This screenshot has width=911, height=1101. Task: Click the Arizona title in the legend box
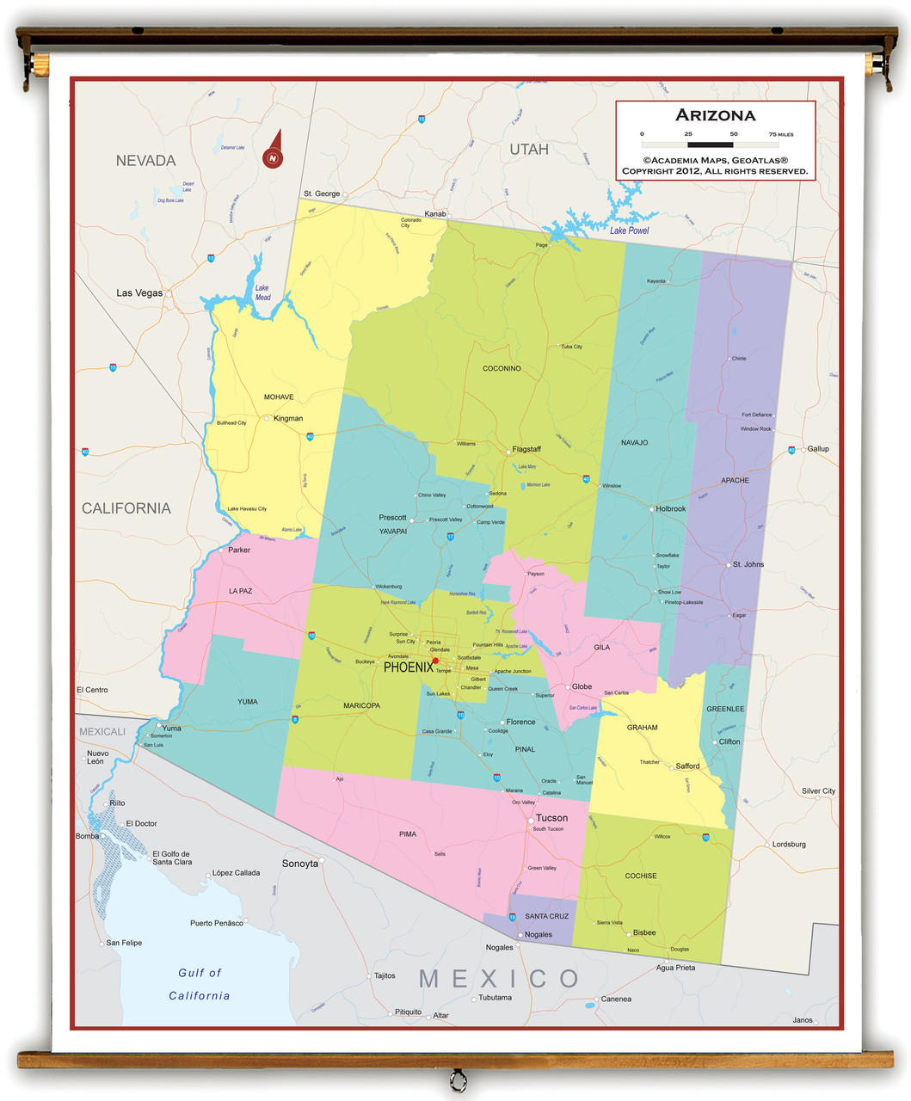click(715, 115)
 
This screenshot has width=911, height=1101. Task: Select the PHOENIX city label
click(408, 667)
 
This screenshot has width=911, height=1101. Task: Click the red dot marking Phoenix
click(435, 661)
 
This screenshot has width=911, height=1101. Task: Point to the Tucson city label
click(551, 818)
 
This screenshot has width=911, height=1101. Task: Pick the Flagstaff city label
click(526, 449)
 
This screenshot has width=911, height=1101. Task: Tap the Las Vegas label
click(139, 293)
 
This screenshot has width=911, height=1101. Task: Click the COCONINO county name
click(502, 368)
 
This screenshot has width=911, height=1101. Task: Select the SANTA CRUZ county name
click(546, 916)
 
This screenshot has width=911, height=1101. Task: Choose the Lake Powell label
click(629, 231)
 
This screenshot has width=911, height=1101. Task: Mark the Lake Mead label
click(262, 292)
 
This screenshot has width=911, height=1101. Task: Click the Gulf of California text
click(200, 984)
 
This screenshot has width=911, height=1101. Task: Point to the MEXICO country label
click(499, 978)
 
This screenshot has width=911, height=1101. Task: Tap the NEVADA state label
click(145, 161)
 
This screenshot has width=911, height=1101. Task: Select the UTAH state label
click(528, 150)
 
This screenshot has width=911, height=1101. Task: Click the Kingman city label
click(288, 419)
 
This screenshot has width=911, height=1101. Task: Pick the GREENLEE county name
click(725, 709)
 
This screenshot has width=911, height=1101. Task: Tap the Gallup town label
click(818, 449)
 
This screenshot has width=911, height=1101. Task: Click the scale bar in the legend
click(711, 145)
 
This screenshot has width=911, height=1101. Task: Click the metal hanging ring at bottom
click(458, 1079)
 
